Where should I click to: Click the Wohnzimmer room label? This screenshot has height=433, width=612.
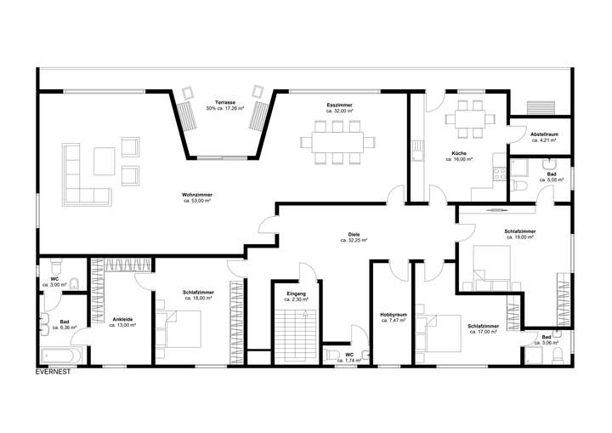197,195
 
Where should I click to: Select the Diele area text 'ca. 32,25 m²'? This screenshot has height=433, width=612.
354,241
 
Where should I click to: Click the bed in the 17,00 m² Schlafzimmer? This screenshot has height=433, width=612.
439,333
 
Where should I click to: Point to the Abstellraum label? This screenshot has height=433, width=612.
542,134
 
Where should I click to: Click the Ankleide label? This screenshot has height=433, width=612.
123,320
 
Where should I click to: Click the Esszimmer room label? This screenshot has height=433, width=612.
339,105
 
